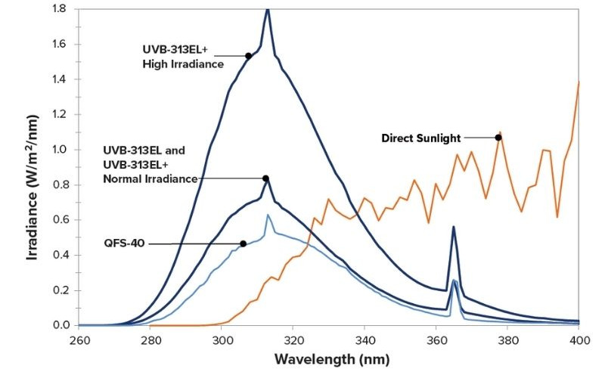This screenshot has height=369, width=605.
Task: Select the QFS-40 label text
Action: [x=125, y=243]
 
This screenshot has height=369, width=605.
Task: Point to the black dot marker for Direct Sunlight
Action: [x=498, y=138]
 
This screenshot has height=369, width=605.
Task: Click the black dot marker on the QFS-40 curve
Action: [x=244, y=243]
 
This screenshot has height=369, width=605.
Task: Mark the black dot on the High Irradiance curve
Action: [x=248, y=56]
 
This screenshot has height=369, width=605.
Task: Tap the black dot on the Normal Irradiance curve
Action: [x=266, y=178]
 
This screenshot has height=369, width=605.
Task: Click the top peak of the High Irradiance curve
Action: [x=267, y=9]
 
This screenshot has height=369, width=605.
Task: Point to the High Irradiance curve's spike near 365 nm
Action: [x=453, y=227]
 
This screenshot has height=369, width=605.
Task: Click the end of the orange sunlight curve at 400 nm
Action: [x=579, y=82]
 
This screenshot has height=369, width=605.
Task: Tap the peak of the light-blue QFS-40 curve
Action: [x=267, y=216]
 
